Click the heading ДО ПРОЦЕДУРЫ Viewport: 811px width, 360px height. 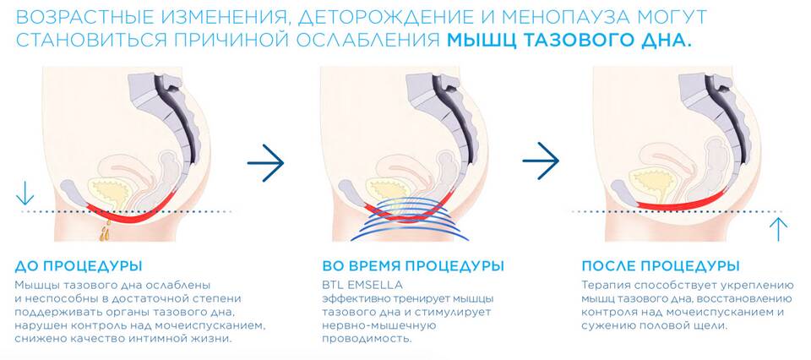(x=79, y=266)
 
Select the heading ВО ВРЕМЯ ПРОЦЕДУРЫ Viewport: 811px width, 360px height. (x=413, y=266)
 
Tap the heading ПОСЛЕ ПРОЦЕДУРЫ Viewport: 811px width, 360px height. (x=661, y=266)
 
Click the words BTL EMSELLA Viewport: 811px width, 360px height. (x=362, y=285)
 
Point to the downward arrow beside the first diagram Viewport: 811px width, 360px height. (x=24, y=193)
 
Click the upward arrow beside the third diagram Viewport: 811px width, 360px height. (x=778, y=229)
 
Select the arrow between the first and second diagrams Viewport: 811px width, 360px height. (x=265, y=162)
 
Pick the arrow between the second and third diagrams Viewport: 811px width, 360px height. (x=541, y=161)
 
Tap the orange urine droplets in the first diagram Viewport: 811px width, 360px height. (x=106, y=231)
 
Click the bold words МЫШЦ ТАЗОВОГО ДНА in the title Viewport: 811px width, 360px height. (x=569, y=41)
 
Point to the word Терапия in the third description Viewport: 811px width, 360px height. (x=601, y=286)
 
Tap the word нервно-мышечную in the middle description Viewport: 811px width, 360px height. (x=379, y=326)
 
